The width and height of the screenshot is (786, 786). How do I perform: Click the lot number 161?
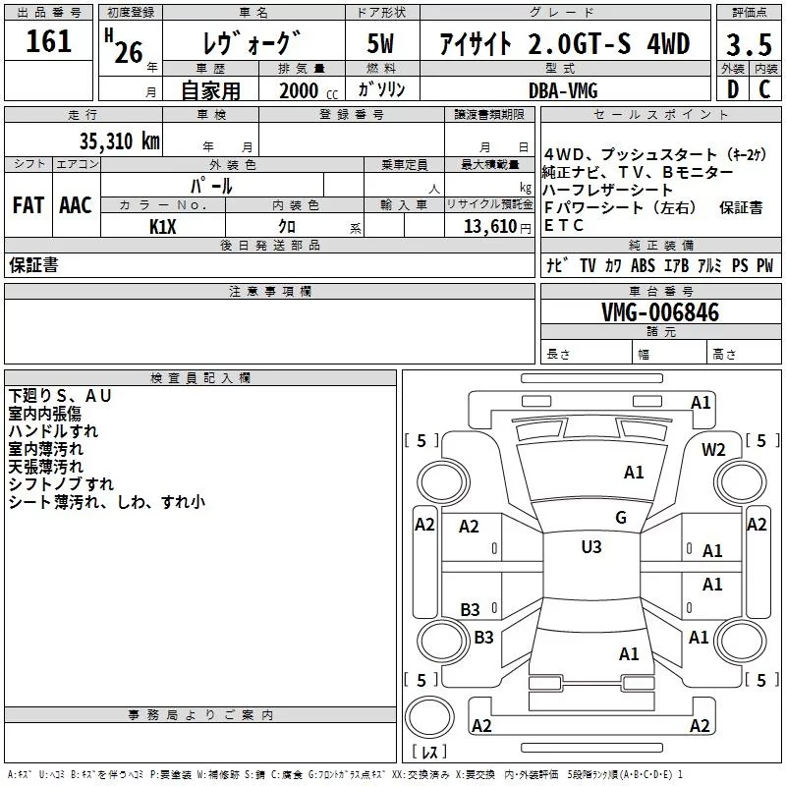point(48,41)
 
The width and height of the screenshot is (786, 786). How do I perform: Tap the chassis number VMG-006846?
point(659,312)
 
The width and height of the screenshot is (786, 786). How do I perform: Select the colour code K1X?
point(162,226)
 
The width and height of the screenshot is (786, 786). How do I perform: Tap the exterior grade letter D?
point(731,89)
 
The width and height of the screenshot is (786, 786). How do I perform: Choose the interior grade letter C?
point(763,89)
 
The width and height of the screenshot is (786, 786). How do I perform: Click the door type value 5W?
point(382,44)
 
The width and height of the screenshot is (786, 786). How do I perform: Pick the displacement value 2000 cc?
point(299,90)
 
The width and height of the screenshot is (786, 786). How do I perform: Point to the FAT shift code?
point(28,205)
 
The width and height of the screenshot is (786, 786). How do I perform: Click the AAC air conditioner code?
point(75,205)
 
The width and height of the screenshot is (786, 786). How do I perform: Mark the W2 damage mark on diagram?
point(713,450)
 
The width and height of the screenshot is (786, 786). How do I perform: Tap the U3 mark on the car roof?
point(590,547)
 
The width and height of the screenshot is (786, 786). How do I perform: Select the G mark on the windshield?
point(620,518)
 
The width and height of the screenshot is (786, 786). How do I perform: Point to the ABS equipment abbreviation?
point(643,265)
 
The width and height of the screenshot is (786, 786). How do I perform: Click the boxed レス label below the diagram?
point(429,754)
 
